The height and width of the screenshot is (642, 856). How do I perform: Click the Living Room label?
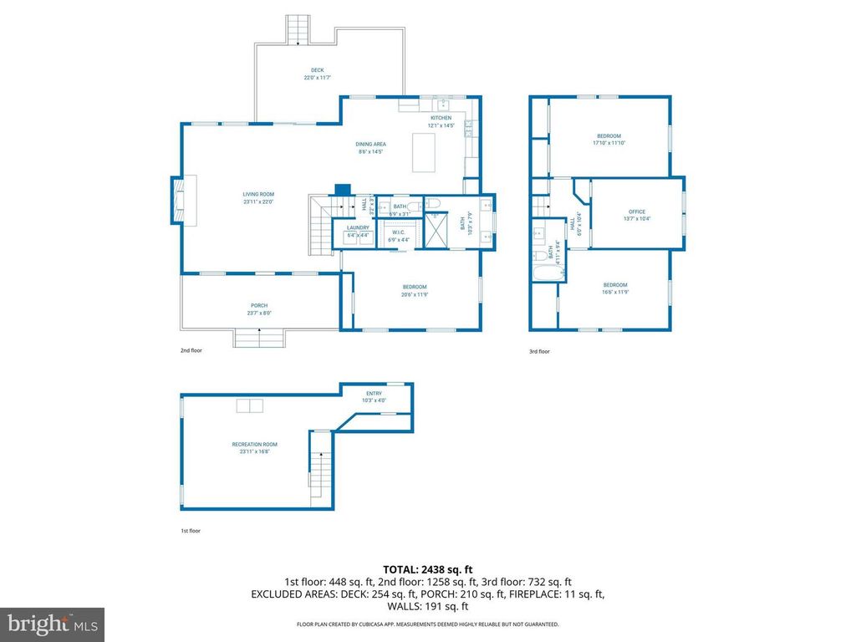258,198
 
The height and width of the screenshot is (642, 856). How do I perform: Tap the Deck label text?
318,74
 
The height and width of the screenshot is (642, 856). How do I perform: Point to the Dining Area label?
372,148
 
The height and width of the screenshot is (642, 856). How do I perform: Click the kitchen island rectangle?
424,153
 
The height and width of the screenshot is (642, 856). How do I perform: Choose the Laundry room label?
358,231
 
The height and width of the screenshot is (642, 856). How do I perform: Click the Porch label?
259,309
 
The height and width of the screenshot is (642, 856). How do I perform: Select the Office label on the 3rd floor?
637,215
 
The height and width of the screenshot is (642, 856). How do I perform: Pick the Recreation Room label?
255,448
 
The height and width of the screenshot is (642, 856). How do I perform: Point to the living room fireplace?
183,200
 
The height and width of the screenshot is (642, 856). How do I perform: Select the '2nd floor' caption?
191,351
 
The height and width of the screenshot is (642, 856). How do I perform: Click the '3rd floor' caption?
539,352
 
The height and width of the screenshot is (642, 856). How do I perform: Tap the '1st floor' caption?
191,531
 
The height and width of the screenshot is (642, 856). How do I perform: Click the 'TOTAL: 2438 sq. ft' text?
427,569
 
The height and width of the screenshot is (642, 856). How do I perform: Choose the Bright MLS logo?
52,623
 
